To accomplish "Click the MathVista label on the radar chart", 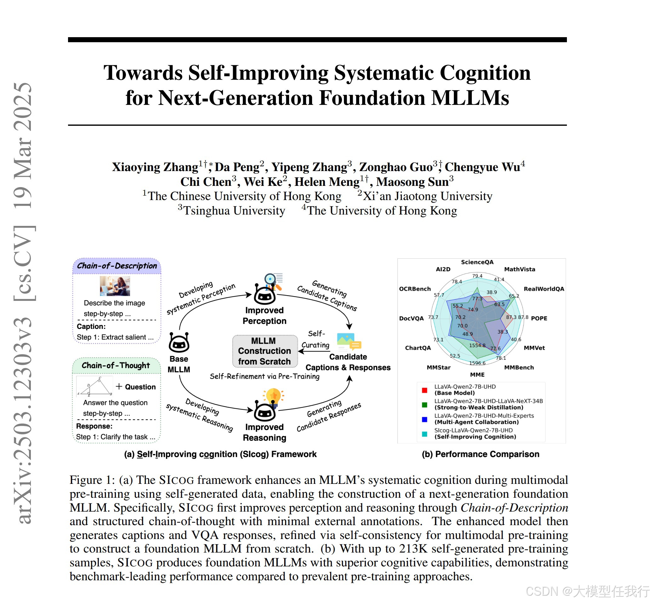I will coord(519,269).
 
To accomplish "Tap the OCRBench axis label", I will coord(414,289).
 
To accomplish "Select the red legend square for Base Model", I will coord(424,390).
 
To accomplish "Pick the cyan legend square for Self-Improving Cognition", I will coord(424,434).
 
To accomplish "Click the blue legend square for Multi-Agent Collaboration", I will coord(424,420).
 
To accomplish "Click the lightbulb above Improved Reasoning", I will coord(273,396).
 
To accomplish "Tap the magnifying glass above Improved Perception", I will coord(271,279).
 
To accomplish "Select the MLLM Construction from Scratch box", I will coord(265,351).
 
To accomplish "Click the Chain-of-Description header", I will coord(117,266).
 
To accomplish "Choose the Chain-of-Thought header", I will coord(116,365).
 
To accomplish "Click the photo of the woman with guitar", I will coord(115,286).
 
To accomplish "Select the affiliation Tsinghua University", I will coord(234,211).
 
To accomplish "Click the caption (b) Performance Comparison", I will coord(480,454).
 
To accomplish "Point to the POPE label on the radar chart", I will coord(539,318).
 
